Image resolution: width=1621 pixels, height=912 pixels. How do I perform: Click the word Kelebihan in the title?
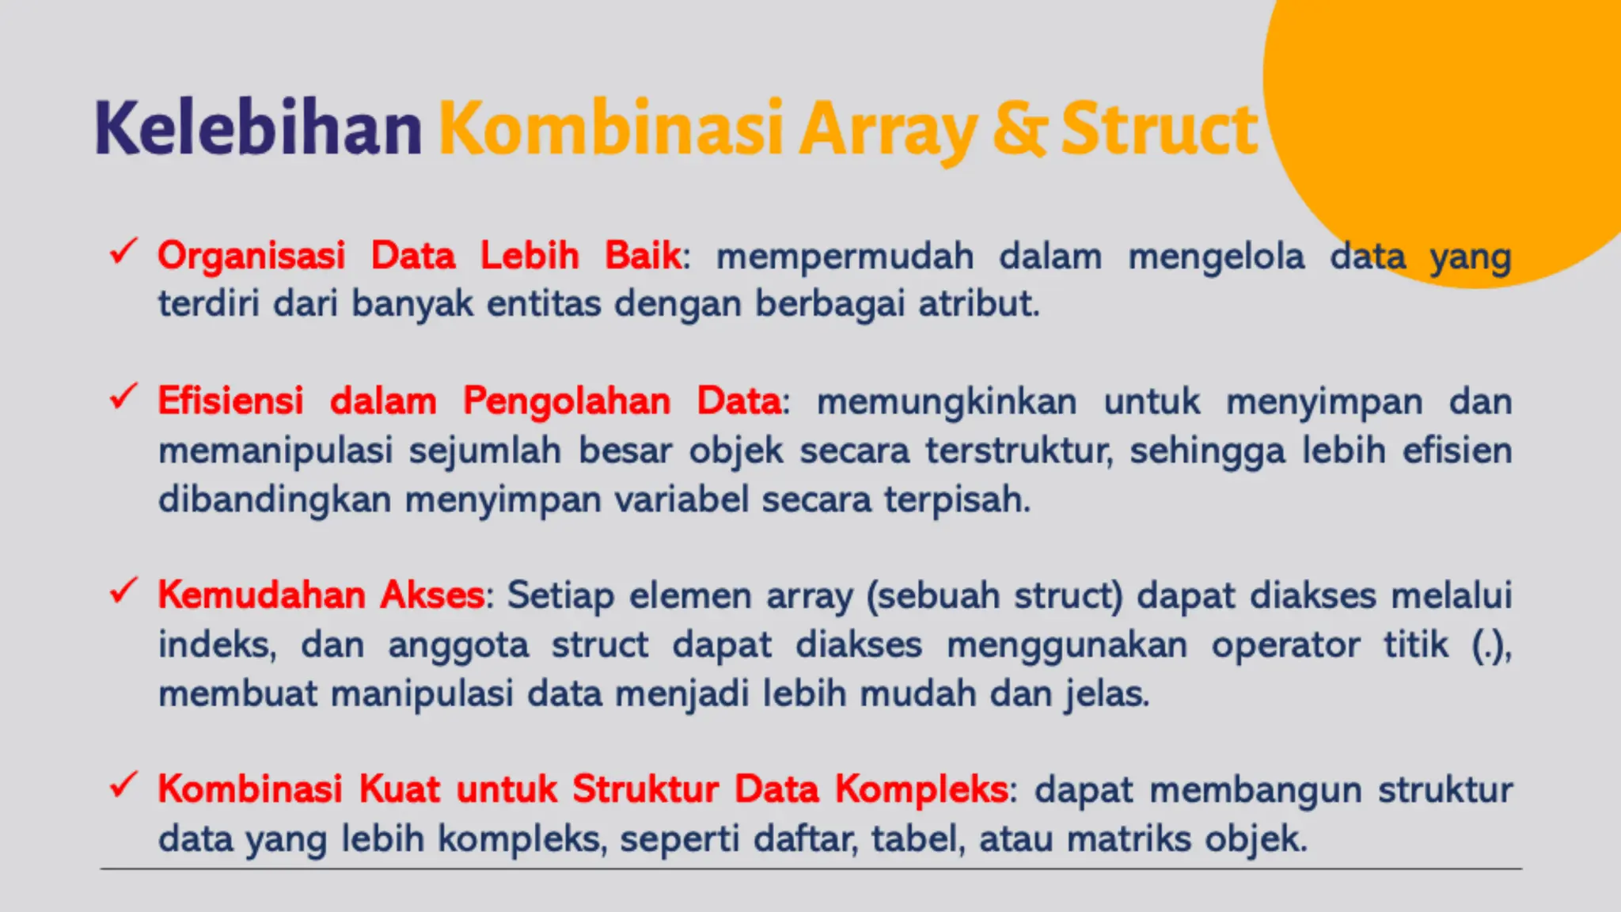(258, 129)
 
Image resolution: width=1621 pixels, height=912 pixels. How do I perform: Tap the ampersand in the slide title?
(1019, 129)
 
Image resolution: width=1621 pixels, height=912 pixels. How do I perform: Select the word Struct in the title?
(1159, 129)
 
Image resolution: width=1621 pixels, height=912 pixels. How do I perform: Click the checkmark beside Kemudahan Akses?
(123, 591)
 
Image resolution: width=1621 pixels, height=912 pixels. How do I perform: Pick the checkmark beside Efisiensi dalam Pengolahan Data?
(123, 397)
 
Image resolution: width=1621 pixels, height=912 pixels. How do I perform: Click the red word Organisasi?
(251, 256)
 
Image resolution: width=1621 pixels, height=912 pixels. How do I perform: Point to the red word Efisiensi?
(230, 401)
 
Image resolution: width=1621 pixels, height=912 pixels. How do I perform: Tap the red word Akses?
(431, 595)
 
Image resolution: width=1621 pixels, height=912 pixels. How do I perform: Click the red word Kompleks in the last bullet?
(921, 789)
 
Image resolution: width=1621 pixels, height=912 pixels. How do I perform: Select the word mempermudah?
(845, 256)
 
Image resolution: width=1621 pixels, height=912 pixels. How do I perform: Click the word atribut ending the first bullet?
(978, 304)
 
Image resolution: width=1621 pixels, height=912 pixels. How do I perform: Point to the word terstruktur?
(1019, 451)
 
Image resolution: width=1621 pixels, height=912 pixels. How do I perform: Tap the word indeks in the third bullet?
(216, 644)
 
